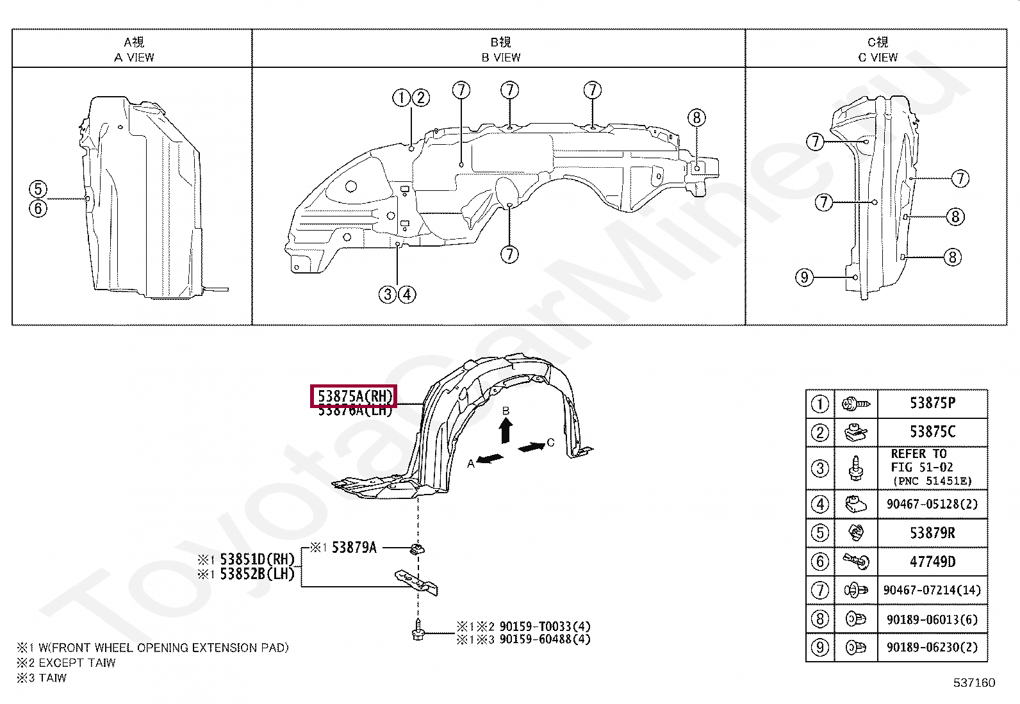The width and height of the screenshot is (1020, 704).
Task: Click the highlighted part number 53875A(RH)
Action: point(354,397)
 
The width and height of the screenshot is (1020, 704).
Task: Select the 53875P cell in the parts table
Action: point(932,403)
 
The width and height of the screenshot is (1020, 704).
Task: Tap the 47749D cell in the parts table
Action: point(932,562)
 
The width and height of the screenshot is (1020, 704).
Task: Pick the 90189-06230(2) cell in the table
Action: point(932,648)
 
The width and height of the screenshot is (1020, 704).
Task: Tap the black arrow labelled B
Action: point(506,429)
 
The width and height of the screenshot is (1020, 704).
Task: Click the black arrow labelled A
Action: point(489,458)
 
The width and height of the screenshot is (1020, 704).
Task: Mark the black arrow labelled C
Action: point(531,446)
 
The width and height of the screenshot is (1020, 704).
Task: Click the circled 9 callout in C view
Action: point(804,277)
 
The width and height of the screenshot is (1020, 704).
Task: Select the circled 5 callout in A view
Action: point(38,189)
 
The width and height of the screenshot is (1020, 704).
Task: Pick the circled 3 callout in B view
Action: point(388,294)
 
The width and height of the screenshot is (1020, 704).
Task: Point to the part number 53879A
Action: point(354,548)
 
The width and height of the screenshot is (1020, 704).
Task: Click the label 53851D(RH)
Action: point(256,559)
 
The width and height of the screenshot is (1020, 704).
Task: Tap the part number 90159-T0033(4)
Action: point(545,626)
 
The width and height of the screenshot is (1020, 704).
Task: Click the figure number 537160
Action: point(974,683)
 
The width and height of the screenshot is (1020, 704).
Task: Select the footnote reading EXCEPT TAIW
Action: point(77,663)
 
